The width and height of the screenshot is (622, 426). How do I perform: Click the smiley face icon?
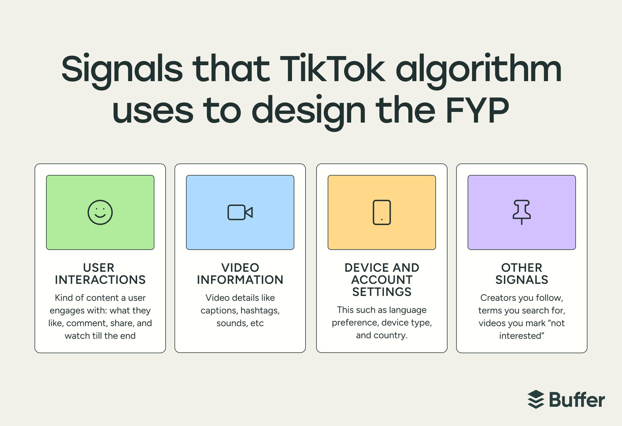pos(100,212)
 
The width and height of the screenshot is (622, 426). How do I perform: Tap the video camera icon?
pos(240,212)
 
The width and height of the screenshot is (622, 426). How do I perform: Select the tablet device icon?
pos(382,212)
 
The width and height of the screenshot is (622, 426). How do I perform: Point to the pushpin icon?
pos(522,212)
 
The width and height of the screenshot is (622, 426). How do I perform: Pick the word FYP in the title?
pos(477,110)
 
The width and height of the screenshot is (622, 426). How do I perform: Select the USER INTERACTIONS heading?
pos(100,274)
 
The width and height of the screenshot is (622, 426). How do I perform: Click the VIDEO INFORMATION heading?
pos(240,274)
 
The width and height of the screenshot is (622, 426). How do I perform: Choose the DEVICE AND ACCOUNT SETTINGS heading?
pos(382,280)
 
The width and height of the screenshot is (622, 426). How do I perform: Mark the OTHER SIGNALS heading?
pos(522,274)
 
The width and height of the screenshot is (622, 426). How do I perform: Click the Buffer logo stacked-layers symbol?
pos(536,399)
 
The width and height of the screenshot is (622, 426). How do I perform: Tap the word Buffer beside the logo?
pos(577,400)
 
